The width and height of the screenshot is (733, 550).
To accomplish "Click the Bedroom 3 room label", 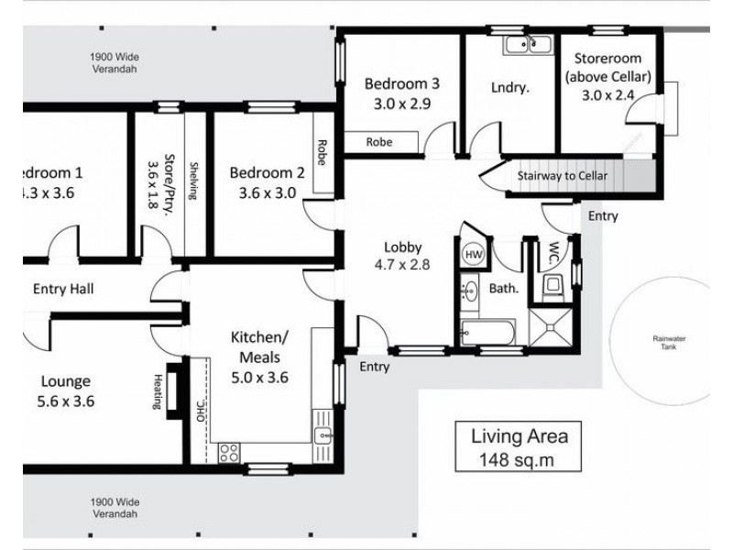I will point(401,93).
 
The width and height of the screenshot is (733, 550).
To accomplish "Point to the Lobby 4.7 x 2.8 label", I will point(402,256).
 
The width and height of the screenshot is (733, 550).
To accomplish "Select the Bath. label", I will point(505,288).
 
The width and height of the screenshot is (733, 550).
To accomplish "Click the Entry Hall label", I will point(63,289).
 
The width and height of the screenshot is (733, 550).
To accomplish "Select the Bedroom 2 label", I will point(267,181).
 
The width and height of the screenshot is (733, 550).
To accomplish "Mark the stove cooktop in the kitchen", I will point(229,450).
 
